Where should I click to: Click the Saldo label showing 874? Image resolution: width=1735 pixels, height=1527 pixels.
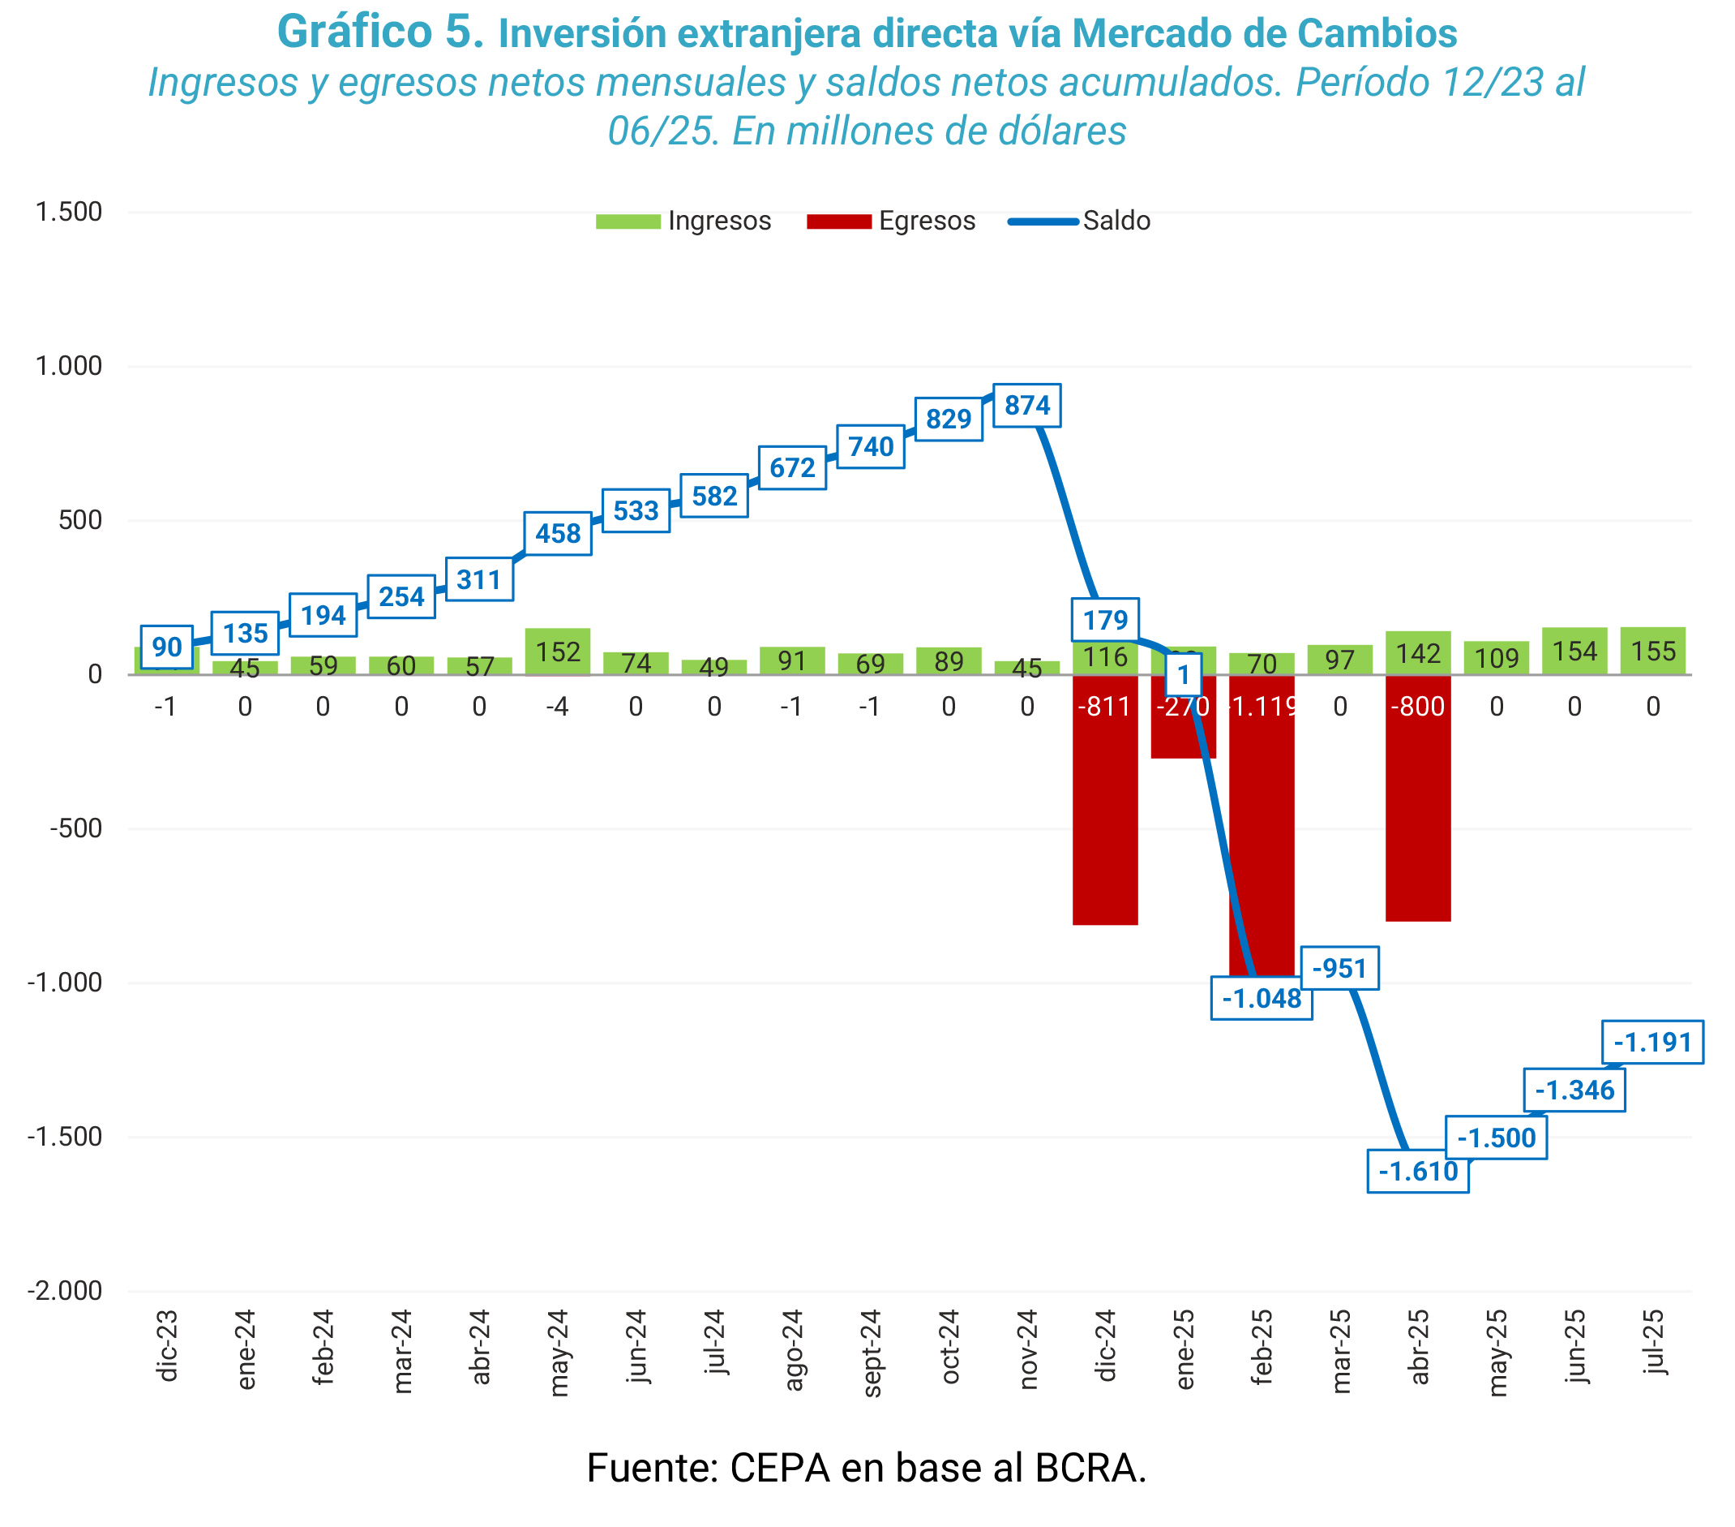pos(1026,405)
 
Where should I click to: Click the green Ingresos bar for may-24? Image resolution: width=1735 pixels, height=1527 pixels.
pos(558,652)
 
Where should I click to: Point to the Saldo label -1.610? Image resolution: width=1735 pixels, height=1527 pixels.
pos(1417,1171)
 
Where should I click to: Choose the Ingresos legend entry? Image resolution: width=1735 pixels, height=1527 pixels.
pos(683,221)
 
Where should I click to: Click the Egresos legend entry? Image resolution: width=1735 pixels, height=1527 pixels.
pos(891,221)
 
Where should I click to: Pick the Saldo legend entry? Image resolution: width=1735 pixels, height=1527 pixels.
pos(1080,221)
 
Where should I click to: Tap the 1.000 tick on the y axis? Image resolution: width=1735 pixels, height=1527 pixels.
pos(68,366)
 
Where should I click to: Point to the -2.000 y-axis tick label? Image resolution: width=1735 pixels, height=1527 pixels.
pos(65,1290)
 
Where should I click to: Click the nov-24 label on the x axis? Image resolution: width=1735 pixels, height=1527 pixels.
pos(1028,1349)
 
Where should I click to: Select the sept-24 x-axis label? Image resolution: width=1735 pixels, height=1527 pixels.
pos(872,1353)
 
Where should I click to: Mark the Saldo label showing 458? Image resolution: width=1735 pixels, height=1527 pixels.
pos(558,533)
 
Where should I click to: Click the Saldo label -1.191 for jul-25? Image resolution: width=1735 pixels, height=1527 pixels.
pos(1651,1041)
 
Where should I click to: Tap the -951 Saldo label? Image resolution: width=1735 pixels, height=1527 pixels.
pos(1339,968)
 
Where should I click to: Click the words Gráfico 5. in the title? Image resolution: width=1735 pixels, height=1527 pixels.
pos(380,32)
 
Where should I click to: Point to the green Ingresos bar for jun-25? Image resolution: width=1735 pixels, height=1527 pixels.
pos(1574,652)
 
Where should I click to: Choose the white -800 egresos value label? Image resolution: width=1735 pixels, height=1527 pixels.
pos(1417,707)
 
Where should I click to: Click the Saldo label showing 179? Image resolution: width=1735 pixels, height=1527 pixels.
pos(1104,620)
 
